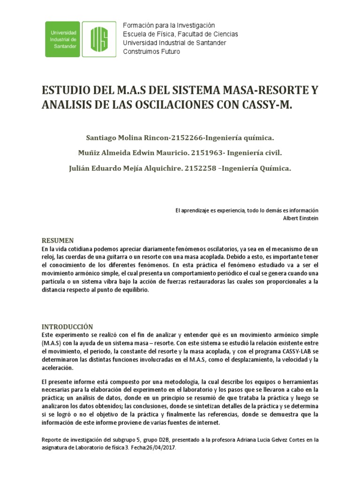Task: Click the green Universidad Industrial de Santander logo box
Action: (62, 39)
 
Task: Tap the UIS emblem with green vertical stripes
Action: (99, 39)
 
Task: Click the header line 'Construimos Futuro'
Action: (151, 52)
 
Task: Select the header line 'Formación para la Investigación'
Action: (168, 25)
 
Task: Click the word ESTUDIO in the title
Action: (63, 90)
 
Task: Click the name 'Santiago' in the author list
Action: (100, 138)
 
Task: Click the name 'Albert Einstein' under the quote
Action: (301, 218)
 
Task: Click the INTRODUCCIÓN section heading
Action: (67, 327)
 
